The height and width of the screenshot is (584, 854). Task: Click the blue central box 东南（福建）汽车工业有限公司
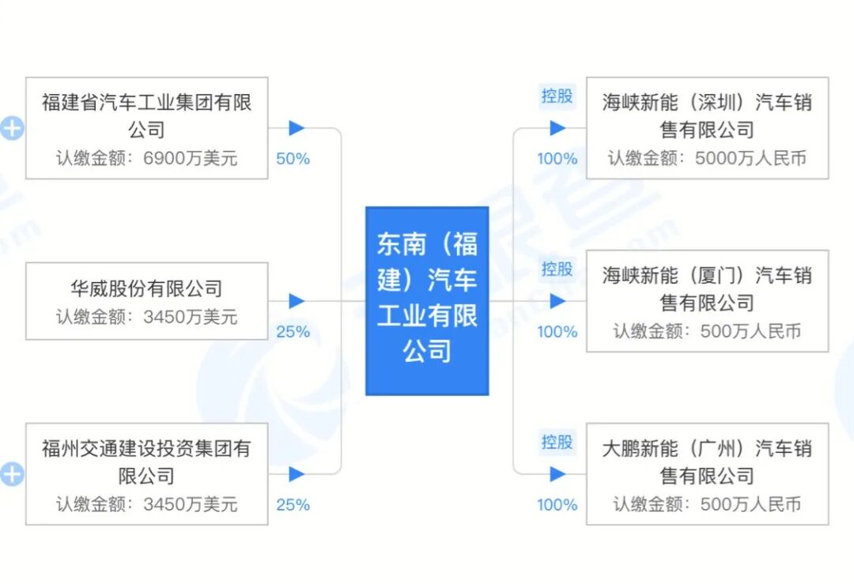tap(427, 300)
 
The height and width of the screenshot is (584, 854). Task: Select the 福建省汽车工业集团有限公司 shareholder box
tap(146, 127)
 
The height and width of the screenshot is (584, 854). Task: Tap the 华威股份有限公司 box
tap(146, 301)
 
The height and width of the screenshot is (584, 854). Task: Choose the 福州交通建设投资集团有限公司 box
tap(146, 473)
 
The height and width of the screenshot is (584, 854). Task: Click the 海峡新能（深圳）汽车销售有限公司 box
tap(707, 127)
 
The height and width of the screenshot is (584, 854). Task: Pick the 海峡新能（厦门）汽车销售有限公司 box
tap(707, 301)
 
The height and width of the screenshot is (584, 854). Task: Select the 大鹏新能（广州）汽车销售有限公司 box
tap(707, 473)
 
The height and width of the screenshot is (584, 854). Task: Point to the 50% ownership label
tap(293, 159)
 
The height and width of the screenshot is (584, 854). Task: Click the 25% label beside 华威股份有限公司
tap(293, 332)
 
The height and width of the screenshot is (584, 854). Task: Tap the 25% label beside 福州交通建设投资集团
tap(293, 504)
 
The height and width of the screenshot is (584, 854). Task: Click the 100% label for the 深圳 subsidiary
tap(557, 159)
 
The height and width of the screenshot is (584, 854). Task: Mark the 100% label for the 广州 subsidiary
tap(557, 504)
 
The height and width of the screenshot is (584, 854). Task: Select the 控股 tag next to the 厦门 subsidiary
tap(557, 269)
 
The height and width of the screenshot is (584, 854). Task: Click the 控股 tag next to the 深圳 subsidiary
tap(557, 96)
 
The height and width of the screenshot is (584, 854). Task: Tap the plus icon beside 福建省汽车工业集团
tap(12, 128)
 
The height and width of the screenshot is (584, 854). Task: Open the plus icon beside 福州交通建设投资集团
tap(12, 474)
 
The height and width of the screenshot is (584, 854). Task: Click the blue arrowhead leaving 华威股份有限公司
tap(297, 301)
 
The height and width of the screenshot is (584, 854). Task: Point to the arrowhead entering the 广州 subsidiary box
tap(558, 474)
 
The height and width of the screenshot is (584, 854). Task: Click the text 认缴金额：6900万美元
tap(146, 158)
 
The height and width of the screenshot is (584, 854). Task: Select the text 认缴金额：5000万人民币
tap(707, 158)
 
